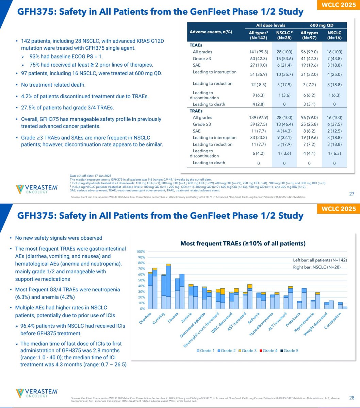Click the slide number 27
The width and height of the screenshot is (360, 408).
352,194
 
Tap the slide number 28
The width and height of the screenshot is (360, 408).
352,397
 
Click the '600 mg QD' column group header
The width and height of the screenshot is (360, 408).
322,25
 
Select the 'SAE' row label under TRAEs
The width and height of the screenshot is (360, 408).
196,131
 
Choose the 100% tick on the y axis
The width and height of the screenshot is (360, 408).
141,252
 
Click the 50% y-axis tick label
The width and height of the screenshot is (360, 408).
142,280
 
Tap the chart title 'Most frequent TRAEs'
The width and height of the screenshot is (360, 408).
243,243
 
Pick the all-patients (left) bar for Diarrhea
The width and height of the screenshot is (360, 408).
150,291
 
